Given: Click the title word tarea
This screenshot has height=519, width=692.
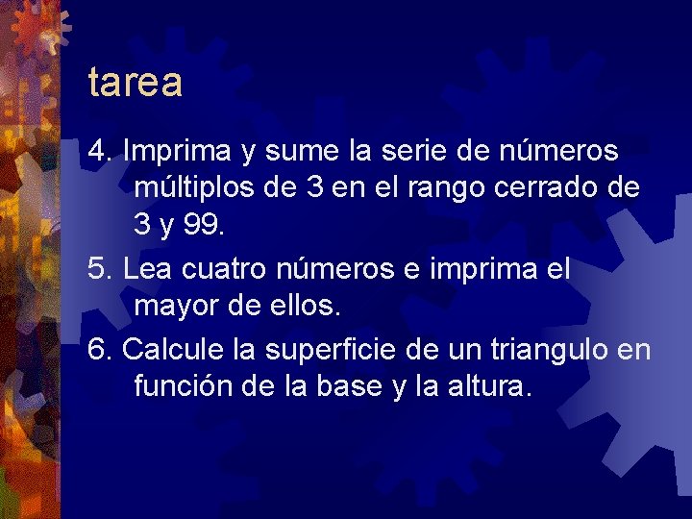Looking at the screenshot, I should [135, 83].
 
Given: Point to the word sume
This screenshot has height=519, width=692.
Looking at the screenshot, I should [284, 152].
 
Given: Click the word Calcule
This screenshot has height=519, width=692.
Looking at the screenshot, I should [171, 349].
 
